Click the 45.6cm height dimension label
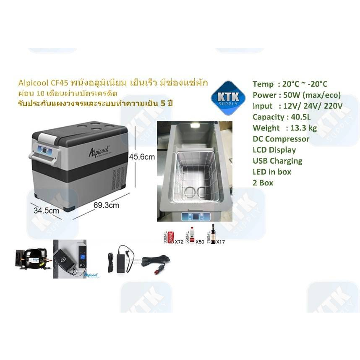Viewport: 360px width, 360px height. pos(142,157)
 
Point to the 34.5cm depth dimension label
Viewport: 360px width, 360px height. pos(47,211)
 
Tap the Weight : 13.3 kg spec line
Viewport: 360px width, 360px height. pos(284,128)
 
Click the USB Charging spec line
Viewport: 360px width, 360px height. pos(277,161)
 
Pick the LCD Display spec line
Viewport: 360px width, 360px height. pos(274,150)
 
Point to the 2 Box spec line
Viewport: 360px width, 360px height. pos(263,183)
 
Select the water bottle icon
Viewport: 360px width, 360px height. pos(192,236)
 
